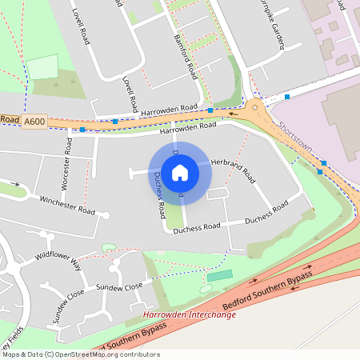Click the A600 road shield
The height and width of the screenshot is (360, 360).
[x=34, y=121]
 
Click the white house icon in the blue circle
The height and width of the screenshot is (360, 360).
[x=180, y=172]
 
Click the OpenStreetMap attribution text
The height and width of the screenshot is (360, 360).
[x=80, y=354]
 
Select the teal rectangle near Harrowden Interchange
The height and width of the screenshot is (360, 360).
[x=219, y=275]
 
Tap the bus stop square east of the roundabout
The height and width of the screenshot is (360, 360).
[x=287, y=97]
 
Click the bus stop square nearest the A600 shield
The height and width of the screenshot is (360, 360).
[x=82, y=129]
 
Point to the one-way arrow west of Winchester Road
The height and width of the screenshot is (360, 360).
[x=14, y=183]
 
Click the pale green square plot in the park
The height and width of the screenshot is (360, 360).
[x=44, y=66]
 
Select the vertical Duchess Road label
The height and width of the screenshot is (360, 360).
[x=159, y=195]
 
